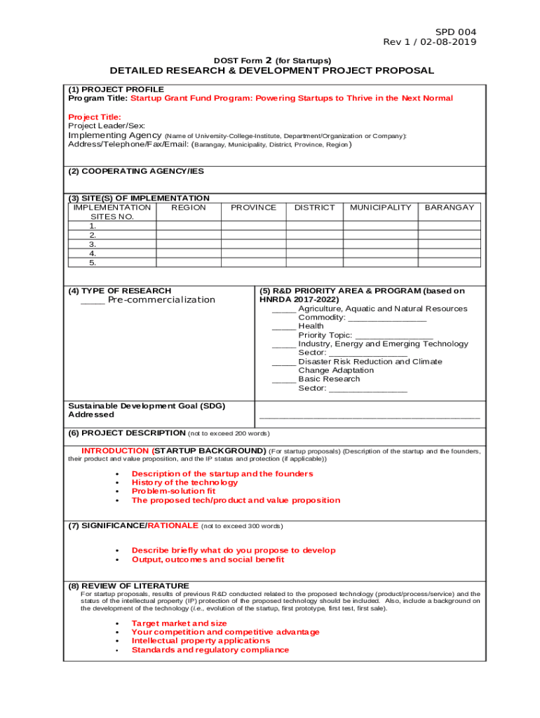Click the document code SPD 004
pyautogui.click(x=456, y=32)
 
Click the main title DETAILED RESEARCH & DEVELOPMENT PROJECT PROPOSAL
pyautogui.click(x=271, y=71)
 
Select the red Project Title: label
pyautogui.click(x=95, y=117)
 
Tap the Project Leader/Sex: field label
pyautogui.click(x=107, y=126)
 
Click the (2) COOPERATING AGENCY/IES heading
pyautogui.click(x=136, y=171)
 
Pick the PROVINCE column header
pyautogui.click(x=253, y=208)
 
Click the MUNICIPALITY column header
pyautogui.click(x=380, y=208)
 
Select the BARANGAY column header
pyautogui.click(x=450, y=208)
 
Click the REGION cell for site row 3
pyautogui.click(x=189, y=245)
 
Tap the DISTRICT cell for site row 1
pyautogui.click(x=314, y=226)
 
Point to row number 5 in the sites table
pyautogui.click(x=93, y=263)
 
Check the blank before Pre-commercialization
pyautogui.click(x=93, y=300)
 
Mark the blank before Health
pyautogui.click(x=283, y=326)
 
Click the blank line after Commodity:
pyautogui.click(x=387, y=318)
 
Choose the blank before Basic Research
pyautogui.click(x=283, y=379)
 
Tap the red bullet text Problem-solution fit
pyautogui.click(x=173, y=492)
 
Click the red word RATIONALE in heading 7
pyautogui.click(x=173, y=526)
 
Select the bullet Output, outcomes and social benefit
pyautogui.click(x=208, y=560)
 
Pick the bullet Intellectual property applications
pyautogui.click(x=201, y=641)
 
